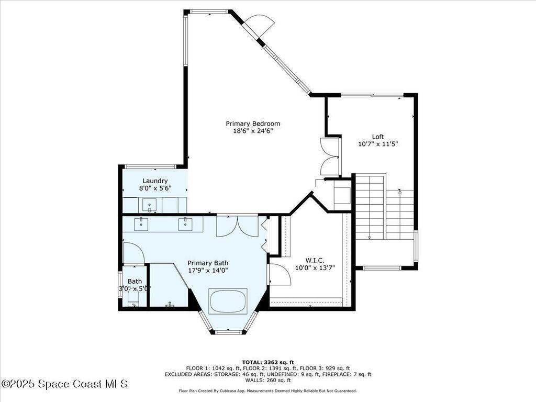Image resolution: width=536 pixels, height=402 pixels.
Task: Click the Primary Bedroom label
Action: tap(249, 124)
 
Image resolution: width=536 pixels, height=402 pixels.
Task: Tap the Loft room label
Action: tap(378, 137)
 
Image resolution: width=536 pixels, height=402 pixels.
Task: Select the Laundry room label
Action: tap(155, 181)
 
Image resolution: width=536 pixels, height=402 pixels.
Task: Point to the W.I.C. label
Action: tap(315, 260)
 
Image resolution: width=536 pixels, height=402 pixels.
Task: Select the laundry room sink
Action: tap(150, 205)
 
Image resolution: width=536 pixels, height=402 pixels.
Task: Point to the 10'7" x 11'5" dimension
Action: tap(378, 144)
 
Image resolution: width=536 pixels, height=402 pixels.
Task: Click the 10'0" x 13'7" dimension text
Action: tap(315, 268)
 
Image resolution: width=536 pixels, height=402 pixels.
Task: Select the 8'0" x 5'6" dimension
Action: tap(155, 188)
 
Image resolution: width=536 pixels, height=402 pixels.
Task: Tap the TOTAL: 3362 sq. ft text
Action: tap(268, 362)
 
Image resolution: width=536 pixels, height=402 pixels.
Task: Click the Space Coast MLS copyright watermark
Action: tap(64, 384)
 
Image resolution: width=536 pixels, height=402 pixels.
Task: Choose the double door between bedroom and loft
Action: tap(330, 156)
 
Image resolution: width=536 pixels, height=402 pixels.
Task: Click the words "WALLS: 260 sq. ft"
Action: tap(268, 381)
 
